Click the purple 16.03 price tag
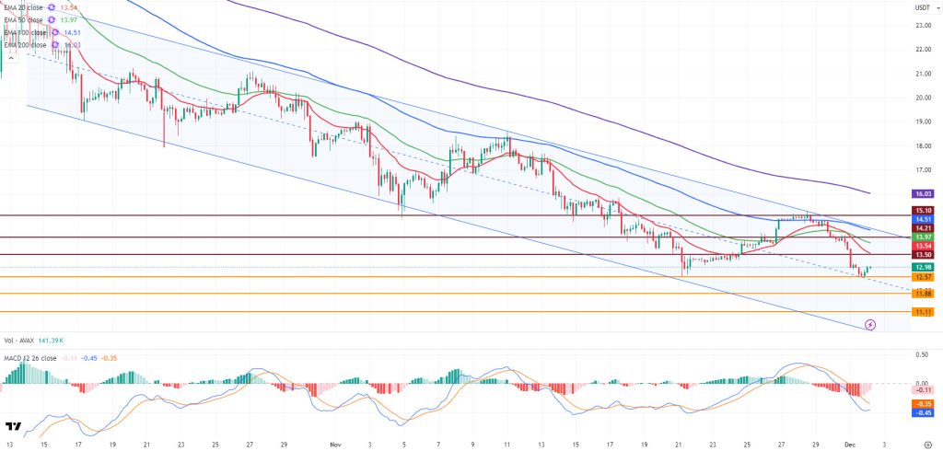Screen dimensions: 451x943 click(923, 194)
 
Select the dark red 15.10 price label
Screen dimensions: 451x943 click(923, 210)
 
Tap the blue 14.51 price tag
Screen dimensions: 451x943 click(923, 219)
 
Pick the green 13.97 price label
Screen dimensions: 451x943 click(923, 237)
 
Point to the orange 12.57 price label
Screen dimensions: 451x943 click(923, 277)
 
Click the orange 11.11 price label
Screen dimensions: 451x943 click(923, 313)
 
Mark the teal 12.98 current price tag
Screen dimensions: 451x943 click(923, 267)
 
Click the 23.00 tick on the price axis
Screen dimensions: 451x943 click(922, 25)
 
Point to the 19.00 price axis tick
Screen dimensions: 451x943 click(922, 121)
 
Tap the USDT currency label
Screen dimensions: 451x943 click(922, 8)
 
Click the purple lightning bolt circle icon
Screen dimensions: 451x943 click(870, 325)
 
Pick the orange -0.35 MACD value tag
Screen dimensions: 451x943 click(923, 404)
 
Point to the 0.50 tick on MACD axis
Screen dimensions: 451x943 click(922, 353)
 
